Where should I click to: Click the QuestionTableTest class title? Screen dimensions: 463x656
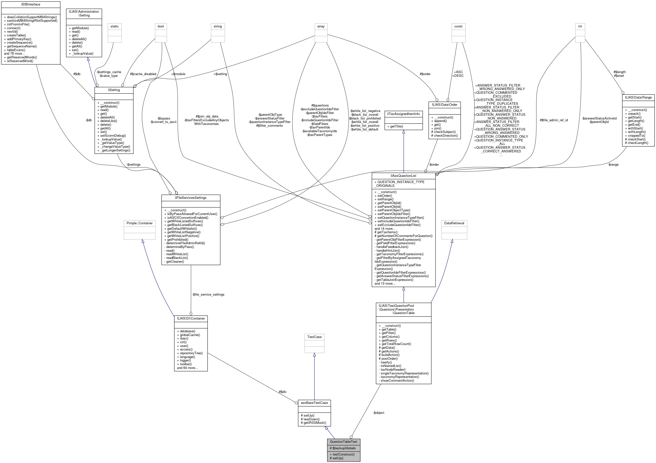[x=343, y=442]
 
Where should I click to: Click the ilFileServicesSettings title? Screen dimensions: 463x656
[x=191, y=198]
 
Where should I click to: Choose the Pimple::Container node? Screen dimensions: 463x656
[x=139, y=223]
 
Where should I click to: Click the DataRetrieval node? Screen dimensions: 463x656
[x=454, y=223]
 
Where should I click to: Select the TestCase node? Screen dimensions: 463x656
[x=314, y=337]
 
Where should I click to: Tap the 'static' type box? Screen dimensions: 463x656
[x=115, y=26]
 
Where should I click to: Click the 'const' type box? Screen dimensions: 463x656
[x=458, y=26]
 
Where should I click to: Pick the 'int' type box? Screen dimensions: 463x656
[x=580, y=26]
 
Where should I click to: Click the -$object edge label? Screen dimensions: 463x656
[x=379, y=413]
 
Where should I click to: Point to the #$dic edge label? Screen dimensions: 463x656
[x=283, y=392]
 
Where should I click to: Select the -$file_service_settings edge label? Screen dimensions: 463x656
[x=208, y=294]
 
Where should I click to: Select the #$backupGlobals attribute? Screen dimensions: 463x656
[x=343, y=448]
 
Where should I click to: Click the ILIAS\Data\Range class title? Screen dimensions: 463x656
[x=638, y=97]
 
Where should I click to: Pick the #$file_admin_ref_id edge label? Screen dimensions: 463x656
[x=554, y=120]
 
